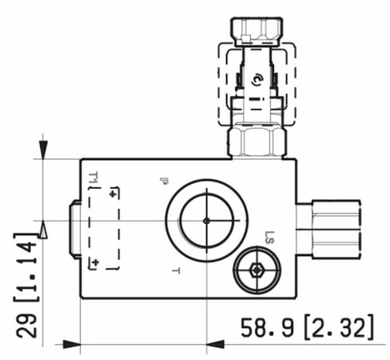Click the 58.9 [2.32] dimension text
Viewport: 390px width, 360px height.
point(307,326)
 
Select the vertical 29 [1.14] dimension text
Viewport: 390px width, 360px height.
point(26,286)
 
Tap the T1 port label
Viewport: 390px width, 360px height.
point(93,178)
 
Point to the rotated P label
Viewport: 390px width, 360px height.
point(164,181)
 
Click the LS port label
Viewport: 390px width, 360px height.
point(269,238)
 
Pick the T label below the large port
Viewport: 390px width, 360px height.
point(176,271)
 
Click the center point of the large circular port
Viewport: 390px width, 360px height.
point(206,221)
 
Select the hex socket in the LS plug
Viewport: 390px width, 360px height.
point(257,270)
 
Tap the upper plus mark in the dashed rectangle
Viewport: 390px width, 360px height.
point(113,194)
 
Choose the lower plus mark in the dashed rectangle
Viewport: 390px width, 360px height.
point(95,262)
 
